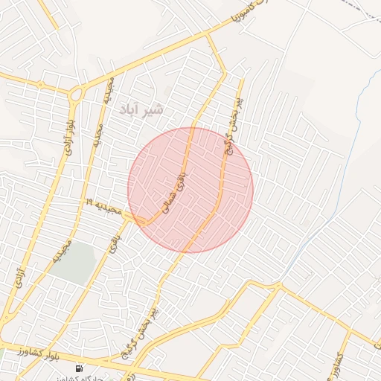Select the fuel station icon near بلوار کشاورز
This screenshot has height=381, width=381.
click(79, 368)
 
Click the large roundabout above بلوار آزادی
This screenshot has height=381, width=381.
click(76, 95)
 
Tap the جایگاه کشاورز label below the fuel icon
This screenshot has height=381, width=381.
click(82, 378)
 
